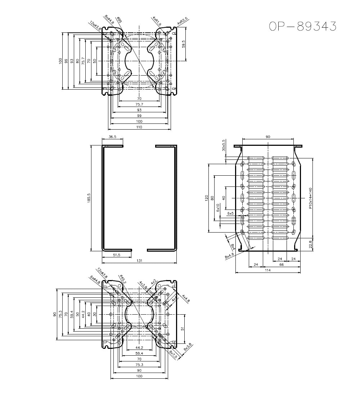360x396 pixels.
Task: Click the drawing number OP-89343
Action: tap(303, 26)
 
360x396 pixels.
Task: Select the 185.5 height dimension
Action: tap(89, 198)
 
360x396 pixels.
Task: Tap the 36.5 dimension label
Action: tap(112, 137)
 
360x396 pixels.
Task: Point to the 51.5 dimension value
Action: tap(116, 255)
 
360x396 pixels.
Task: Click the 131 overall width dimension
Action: tap(139, 261)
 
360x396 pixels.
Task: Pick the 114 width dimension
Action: tap(267, 270)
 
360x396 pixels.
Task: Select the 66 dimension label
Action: tap(282, 264)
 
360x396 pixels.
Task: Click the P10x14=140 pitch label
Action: tap(310, 197)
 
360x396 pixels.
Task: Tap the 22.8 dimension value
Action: tap(311, 244)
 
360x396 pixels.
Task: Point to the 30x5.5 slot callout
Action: tap(223, 145)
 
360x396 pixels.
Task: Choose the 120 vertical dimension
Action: tap(206, 198)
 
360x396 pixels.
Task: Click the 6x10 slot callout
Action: tap(218, 208)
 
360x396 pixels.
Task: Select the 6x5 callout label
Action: tap(230, 213)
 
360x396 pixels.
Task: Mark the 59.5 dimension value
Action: tap(183, 44)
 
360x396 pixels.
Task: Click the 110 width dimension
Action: tap(139, 127)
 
